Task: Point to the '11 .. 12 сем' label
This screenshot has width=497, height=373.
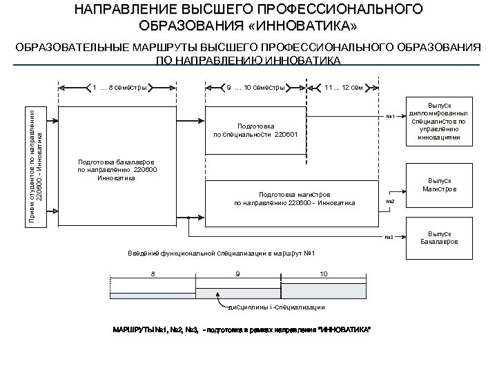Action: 344,88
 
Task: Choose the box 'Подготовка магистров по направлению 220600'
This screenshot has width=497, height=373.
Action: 294,198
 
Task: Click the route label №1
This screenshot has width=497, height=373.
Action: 389,115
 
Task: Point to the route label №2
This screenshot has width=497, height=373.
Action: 389,202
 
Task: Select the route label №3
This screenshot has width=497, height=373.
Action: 389,238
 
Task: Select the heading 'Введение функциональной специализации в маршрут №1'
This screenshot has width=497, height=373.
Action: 222,253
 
